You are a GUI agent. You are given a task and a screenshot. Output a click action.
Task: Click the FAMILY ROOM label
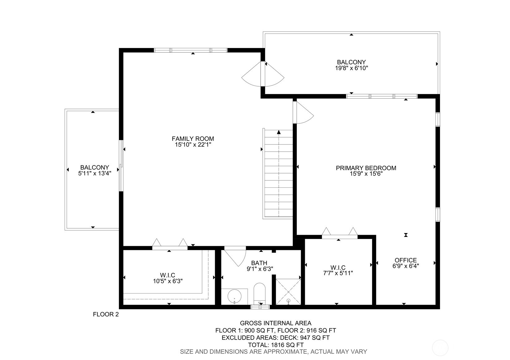pyautogui.click(x=193, y=139)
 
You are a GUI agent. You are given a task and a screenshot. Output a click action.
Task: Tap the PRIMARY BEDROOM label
pyautogui.click(x=366, y=168)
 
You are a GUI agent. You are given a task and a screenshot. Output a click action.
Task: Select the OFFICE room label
pyautogui.click(x=405, y=260)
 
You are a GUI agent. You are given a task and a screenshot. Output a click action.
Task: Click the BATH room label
pyautogui.click(x=259, y=263)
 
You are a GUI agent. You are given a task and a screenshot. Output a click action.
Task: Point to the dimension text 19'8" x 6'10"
pyautogui.click(x=351, y=68)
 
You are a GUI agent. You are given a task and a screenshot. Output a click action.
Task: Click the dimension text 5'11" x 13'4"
pyautogui.click(x=94, y=174)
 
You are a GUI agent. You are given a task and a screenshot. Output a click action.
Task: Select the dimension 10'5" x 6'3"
pyautogui.click(x=167, y=281)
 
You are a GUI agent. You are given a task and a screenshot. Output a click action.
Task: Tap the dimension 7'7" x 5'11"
pyautogui.click(x=338, y=273)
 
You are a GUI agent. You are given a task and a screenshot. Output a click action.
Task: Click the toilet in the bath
pyautogui.click(x=259, y=293)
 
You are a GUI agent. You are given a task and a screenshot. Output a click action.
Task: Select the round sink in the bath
pyautogui.click(x=234, y=297)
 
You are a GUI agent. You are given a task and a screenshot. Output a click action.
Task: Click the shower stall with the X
pyautogui.click(x=288, y=292)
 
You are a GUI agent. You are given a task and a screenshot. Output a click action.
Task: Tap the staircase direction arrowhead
pyautogui.click(x=279, y=132)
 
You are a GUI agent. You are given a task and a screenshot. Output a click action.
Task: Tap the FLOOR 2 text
pyautogui.click(x=106, y=315)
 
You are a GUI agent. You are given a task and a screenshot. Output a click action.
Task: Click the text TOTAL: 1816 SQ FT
pyautogui.click(x=275, y=345)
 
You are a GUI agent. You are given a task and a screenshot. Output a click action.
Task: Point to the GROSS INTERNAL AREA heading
pyautogui.click(x=275, y=324)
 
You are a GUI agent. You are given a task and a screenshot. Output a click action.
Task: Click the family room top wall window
pyautogui.click(x=191, y=50)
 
